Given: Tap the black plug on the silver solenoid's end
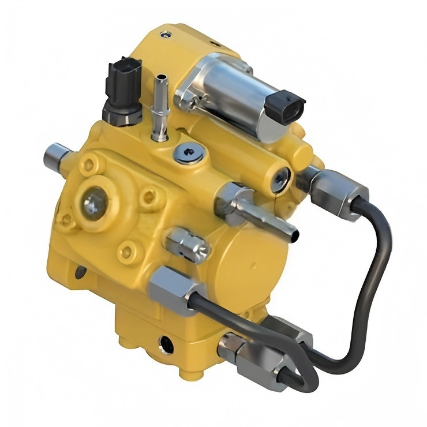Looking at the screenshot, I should coord(287,104).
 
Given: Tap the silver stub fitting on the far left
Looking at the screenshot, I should coord(57,154).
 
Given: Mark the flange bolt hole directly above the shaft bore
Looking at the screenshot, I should coord(87,166).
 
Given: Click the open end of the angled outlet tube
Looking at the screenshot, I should coord(294,234).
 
